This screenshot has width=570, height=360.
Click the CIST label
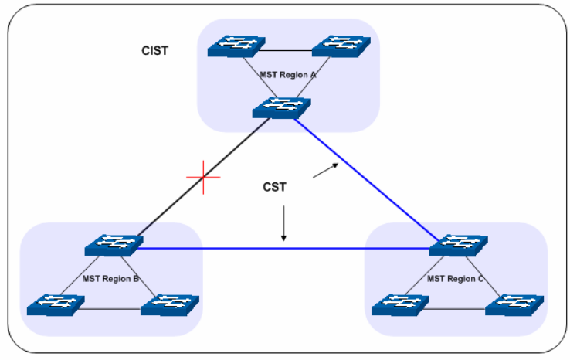(154, 52)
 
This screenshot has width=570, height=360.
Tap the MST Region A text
(289, 76)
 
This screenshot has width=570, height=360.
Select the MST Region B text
(110, 278)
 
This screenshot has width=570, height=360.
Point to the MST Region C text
(455, 278)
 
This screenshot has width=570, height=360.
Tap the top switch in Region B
(112, 246)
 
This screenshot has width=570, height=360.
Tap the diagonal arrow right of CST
(325, 170)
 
